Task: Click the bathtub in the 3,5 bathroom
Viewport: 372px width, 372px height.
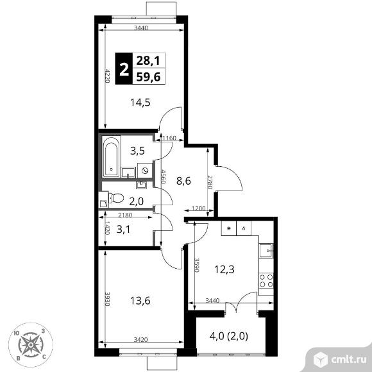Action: [x=111, y=156]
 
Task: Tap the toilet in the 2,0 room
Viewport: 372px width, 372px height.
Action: [x=116, y=198]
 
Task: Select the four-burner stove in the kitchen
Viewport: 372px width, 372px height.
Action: [x=266, y=280]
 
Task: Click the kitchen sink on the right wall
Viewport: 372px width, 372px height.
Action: [x=266, y=251]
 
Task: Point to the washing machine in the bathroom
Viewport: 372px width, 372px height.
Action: [x=145, y=171]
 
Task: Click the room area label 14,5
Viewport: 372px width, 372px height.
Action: [x=140, y=103]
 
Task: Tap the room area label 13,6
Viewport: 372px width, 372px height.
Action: [x=140, y=301]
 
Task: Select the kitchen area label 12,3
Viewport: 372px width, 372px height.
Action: [x=224, y=269]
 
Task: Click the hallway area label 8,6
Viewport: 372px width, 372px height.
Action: [x=183, y=181]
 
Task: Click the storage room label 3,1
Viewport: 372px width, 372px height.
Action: [x=123, y=230]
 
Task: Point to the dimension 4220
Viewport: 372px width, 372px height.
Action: [x=107, y=76]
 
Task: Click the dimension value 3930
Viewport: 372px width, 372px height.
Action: [x=107, y=299]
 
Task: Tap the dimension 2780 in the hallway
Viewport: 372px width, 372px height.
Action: [x=209, y=182]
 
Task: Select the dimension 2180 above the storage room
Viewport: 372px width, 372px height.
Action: [x=125, y=215]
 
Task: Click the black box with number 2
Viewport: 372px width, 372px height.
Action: [x=124, y=69]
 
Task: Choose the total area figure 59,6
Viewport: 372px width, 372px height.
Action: [x=149, y=76]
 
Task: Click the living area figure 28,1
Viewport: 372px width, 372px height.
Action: [x=149, y=61]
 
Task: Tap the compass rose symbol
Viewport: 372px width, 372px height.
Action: [x=31, y=344]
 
